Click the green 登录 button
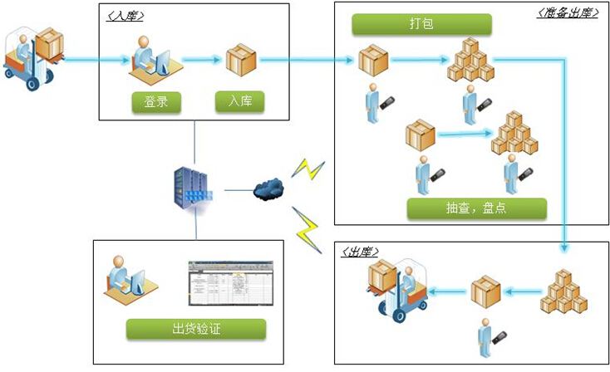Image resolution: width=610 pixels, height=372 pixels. point(156,102)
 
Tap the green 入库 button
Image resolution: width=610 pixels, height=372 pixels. point(240,102)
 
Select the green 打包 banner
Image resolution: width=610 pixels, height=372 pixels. point(421,23)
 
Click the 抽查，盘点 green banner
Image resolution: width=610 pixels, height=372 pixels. point(477,208)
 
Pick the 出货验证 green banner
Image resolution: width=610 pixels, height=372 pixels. point(197,329)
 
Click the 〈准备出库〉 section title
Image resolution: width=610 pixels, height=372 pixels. point(568,12)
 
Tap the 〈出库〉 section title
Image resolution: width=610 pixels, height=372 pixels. point(360,251)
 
